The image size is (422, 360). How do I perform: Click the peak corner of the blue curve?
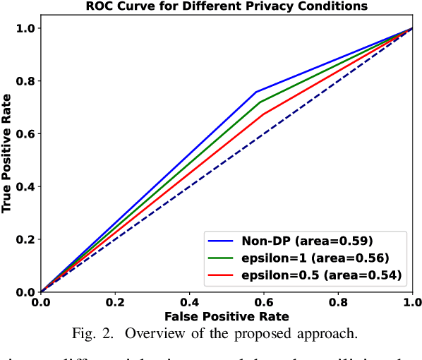(255, 92)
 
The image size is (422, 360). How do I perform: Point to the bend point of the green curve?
(259, 102)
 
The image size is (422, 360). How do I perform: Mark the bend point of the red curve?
(263, 115)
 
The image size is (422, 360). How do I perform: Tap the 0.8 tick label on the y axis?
(25, 81)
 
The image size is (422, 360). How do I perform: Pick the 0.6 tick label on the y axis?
(25, 134)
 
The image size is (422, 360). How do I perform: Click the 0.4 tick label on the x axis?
(189, 302)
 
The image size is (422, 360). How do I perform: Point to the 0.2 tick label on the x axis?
(115, 302)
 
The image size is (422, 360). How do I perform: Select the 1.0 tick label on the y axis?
(25, 28)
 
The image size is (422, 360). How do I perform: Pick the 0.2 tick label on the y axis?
(25, 239)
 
